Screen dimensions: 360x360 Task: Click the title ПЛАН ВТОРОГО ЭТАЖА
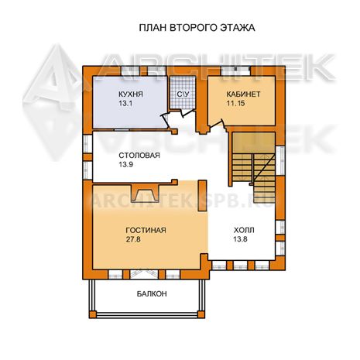click(197, 28)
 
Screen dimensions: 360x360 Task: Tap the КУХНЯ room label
click(131, 94)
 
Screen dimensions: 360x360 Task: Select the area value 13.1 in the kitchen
click(125, 104)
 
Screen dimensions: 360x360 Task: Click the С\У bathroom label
click(183, 94)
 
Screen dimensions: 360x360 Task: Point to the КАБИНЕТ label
click(243, 94)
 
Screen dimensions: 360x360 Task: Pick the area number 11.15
click(235, 103)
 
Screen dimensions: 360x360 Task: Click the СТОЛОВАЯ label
click(139, 156)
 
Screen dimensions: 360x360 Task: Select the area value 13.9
click(126, 164)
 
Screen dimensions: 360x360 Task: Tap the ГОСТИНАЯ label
click(146, 230)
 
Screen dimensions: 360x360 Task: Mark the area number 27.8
click(133, 239)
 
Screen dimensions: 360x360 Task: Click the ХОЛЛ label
click(244, 230)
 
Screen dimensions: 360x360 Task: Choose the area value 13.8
click(240, 239)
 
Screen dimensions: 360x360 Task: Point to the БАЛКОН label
click(152, 293)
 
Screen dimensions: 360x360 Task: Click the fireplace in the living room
click(144, 193)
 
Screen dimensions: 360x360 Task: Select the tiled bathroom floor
click(183, 92)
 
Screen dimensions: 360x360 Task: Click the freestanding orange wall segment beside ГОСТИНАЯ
click(202, 196)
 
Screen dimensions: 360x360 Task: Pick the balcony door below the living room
click(144, 274)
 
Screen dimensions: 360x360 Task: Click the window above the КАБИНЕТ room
click(235, 70)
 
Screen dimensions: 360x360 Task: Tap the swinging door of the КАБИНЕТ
click(217, 124)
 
